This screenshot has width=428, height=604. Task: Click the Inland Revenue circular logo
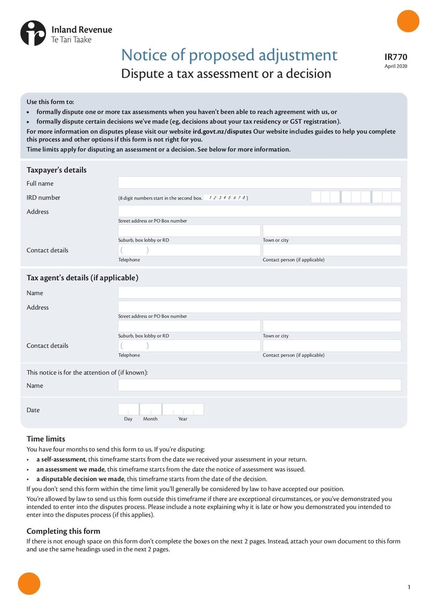33,33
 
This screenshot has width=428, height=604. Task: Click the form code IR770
395,57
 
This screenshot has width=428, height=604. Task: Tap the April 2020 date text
395,66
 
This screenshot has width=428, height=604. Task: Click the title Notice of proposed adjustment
229,55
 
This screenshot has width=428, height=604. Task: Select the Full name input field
259,183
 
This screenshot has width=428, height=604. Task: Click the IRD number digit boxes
356,197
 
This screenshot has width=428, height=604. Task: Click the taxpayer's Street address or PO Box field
259,211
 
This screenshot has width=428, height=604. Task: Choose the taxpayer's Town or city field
332,230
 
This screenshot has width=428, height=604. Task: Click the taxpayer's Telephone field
189,250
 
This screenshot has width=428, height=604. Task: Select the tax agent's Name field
259,292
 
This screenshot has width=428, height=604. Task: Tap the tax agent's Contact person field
332,346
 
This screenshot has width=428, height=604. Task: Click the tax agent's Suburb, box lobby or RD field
189,326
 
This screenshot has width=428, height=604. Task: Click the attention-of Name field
259,385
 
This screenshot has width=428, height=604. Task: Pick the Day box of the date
128,409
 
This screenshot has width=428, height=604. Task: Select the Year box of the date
183,409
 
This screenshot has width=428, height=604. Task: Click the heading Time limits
46,439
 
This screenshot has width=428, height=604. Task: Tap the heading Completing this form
63,531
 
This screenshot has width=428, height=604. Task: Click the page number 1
409,587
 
